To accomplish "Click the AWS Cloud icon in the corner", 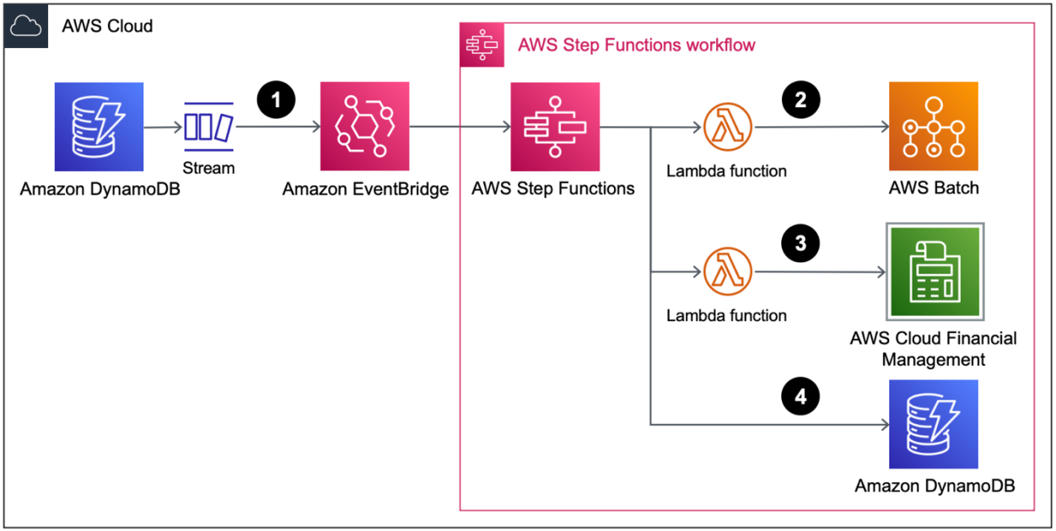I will click(x=26, y=26).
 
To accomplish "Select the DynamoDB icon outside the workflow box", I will click(x=100, y=127).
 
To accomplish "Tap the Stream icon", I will click(x=208, y=127).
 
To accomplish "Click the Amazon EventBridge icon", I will click(x=364, y=126).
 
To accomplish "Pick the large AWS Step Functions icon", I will click(x=554, y=127).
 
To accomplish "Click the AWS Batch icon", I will click(x=933, y=126).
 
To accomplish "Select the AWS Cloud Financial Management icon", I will click(x=933, y=272).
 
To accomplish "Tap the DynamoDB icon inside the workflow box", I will click(x=933, y=424).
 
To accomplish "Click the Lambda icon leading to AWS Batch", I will click(x=726, y=128).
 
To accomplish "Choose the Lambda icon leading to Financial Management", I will click(x=726, y=272).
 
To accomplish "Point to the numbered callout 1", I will click(x=276, y=100).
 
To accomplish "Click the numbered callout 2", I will click(x=800, y=100).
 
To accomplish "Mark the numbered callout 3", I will click(x=800, y=244).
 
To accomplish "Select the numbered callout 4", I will click(x=800, y=396).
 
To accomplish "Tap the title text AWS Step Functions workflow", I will click(x=636, y=45).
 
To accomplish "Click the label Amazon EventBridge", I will click(x=365, y=190).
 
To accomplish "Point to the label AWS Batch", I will click(x=934, y=188).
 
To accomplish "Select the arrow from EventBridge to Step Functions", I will click(x=460, y=128).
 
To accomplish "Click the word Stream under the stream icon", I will click(x=208, y=168).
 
